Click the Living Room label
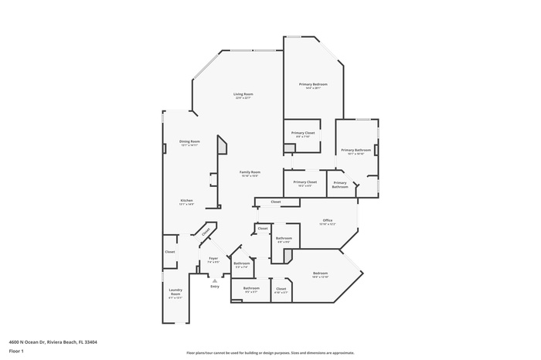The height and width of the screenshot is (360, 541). [243, 94]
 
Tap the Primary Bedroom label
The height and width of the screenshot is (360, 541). [313, 84]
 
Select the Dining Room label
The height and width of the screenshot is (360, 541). [189, 141]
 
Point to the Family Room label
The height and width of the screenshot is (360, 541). [249, 172]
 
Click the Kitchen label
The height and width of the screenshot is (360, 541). [186, 201]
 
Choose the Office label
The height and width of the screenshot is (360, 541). [327, 221]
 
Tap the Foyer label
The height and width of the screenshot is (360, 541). [213, 258]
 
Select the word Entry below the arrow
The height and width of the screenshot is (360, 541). [215, 287]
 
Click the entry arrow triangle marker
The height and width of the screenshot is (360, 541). [215, 280]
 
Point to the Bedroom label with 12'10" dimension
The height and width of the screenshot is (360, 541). [320, 273]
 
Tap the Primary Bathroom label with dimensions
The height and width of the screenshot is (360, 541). [356, 150]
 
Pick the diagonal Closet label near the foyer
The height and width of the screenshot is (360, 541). [206, 231]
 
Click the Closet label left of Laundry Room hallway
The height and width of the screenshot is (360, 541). [170, 251]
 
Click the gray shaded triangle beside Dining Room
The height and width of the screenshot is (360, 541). [222, 146]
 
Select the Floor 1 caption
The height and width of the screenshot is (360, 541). [16, 351]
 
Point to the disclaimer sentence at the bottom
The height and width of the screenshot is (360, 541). [270, 352]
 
